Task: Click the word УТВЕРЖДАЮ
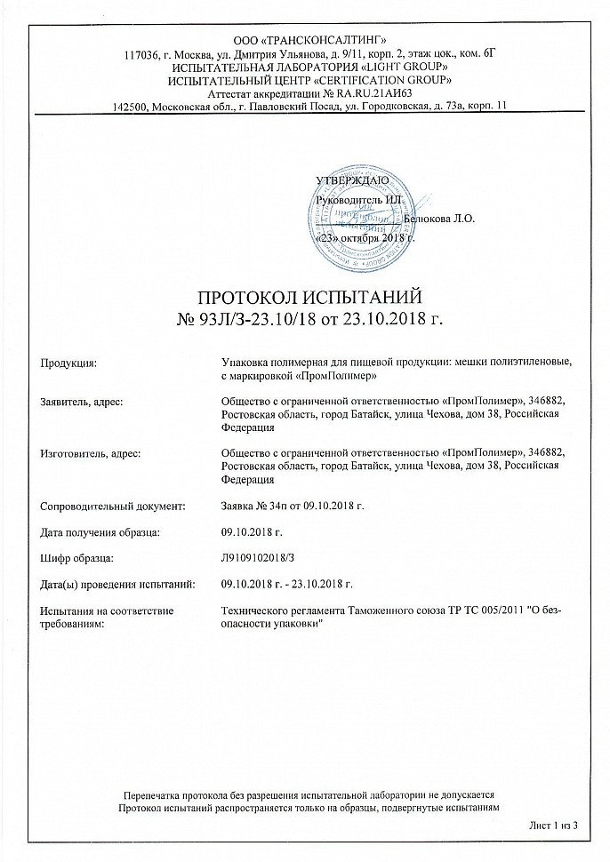pyautogui.click(x=351, y=181)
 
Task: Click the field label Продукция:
pyautogui.click(x=69, y=363)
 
